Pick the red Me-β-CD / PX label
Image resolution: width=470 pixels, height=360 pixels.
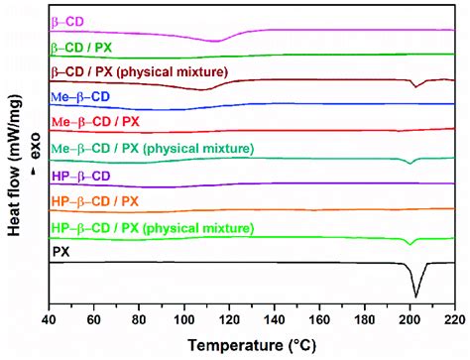click(92, 123)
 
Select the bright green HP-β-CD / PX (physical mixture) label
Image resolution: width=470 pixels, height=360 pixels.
click(149, 228)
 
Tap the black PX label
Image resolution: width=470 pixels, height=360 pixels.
click(59, 253)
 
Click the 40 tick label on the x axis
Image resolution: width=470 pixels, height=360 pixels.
click(49, 321)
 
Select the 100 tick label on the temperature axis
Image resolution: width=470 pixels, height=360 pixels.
click(184, 321)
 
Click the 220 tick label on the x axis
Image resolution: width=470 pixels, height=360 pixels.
click(452, 321)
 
